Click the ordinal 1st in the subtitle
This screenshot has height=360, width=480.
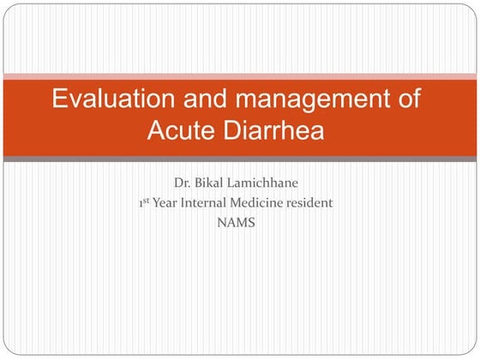(x=143, y=203)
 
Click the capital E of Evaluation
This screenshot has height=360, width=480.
(x=60, y=99)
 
